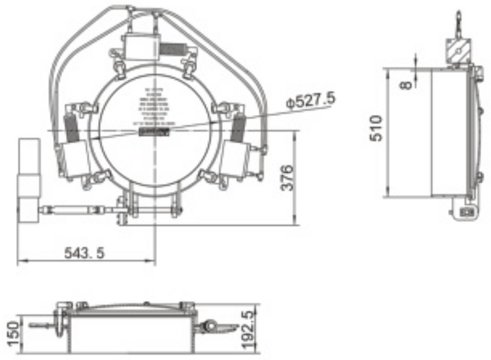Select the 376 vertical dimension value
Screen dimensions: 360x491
click(x=288, y=177)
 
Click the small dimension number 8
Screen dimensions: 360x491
click(x=407, y=83)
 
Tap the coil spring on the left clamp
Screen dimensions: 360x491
click(x=71, y=128)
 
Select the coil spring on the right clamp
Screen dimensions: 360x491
click(x=239, y=128)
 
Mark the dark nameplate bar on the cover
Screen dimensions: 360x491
click(x=154, y=132)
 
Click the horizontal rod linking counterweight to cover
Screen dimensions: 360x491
click(x=77, y=210)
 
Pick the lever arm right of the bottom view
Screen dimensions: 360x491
click(x=221, y=327)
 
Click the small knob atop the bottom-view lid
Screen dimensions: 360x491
click(x=146, y=304)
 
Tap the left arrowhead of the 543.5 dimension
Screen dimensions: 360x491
click(x=20, y=261)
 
